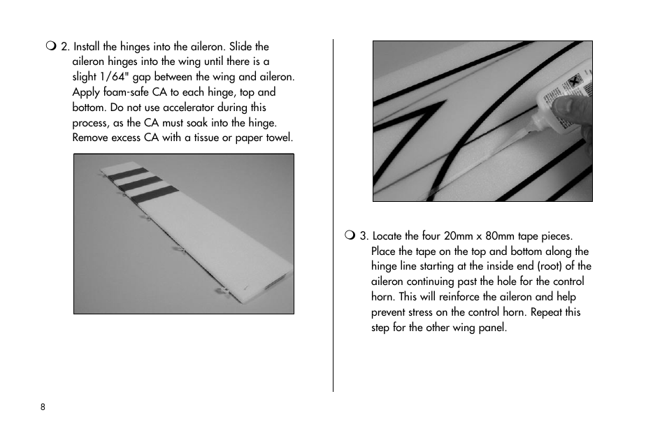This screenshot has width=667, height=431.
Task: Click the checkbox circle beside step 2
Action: pos(51,46)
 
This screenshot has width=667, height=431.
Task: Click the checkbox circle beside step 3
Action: pos(350,235)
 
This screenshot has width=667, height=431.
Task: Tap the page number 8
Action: pos(43,407)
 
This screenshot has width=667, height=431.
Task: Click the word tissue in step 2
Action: pos(206,138)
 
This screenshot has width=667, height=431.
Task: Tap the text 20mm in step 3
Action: pos(458,235)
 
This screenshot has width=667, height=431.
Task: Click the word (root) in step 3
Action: pos(549,266)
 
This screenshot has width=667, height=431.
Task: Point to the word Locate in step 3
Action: pos(387,235)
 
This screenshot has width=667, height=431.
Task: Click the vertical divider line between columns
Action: pos(333,215)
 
